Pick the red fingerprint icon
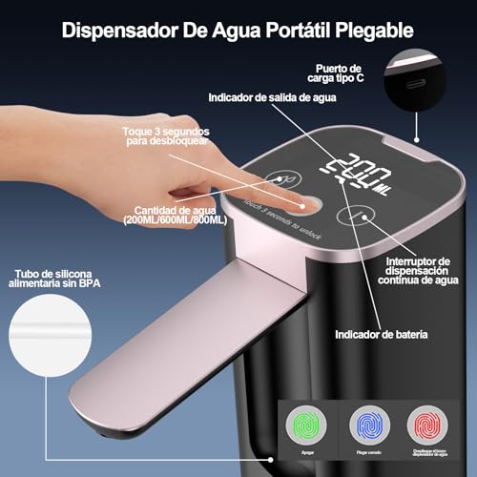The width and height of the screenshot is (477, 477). point(431,424)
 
